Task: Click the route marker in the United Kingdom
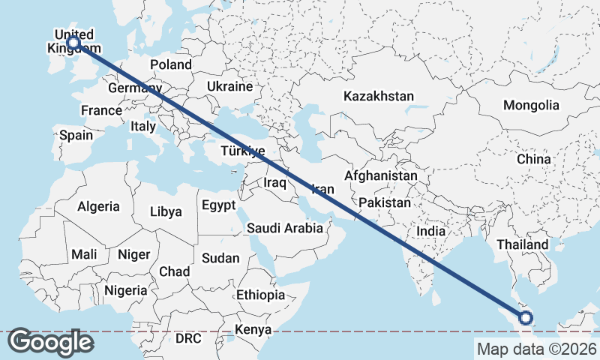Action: coord(73,43)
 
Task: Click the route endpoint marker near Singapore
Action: coord(525,318)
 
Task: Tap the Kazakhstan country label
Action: coord(379,96)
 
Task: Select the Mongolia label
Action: coord(531,105)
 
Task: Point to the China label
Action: coord(533,159)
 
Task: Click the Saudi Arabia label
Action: coord(285,228)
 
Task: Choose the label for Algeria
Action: coord(98,205)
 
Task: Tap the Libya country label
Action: coord(166,211)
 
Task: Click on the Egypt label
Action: coord(218,205)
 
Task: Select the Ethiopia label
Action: coord(260,295)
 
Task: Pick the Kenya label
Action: coord(253,329)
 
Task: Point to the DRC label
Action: coord(188,338)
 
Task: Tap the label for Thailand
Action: coord(523,244)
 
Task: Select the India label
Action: coord(431,232)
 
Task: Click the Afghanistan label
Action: coord(381,175)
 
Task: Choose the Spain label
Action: coord(76,135)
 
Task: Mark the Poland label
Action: coord(171,64)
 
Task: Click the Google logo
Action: coord(50,341)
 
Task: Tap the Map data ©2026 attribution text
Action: coord(536,349)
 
